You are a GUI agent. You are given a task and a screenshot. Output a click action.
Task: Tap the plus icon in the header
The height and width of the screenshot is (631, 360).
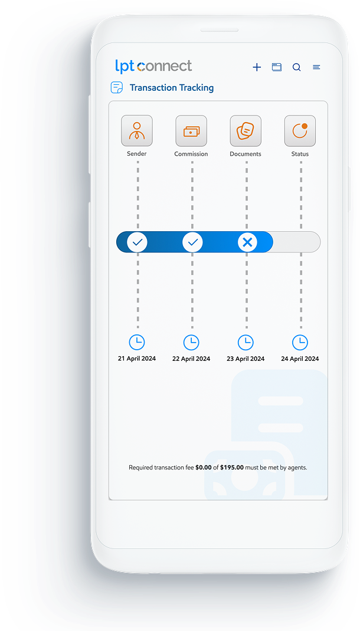(x=257, y=67)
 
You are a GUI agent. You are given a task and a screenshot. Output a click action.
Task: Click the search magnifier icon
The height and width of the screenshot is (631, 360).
(x=296, y=67)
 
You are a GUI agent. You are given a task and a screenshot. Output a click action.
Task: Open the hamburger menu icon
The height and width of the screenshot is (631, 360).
(x=316, y=67)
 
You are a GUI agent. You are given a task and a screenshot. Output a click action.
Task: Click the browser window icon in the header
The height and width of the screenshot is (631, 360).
(x=277, y=67)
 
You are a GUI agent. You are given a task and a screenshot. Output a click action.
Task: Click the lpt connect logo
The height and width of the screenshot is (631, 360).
(x=153, y=67)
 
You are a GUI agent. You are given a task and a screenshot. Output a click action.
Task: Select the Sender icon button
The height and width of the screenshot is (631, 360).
(x=137, y=131)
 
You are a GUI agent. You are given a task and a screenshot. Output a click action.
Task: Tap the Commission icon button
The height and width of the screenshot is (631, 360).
(x=191, y=131)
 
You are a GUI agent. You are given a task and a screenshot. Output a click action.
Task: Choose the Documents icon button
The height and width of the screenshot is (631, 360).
(x=246, y=131)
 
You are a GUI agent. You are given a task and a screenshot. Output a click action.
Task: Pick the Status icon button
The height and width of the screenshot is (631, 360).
(x=300, y=131)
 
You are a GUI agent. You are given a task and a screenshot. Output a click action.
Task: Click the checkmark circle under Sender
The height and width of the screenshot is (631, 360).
(x=138, y=242)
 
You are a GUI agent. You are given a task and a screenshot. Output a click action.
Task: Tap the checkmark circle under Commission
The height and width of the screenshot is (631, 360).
(x=192, y=242)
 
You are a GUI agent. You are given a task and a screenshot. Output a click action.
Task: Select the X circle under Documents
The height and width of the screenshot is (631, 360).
(x=247, y=242)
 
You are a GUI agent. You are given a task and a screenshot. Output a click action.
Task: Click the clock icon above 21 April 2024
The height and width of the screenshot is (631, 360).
(x=137, y=343)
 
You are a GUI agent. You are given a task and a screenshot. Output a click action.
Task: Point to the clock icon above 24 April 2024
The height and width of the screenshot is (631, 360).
(x=300, y=343)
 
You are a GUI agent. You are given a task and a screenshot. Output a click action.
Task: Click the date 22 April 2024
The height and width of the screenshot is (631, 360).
(x=191, y=359)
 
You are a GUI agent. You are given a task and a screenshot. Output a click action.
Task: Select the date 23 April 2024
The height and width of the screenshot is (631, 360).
(x=246, y=359)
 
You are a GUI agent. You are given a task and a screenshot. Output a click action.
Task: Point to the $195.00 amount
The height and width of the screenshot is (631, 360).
(x=232, y=468)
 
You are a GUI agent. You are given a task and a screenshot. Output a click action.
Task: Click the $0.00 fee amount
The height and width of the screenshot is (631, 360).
(x=203, y=468)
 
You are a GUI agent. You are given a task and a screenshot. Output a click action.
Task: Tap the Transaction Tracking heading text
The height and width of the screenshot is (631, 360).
(x=172, y=88)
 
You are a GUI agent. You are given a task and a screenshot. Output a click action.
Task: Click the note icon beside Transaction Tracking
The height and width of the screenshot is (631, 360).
(x=117, y=87)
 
